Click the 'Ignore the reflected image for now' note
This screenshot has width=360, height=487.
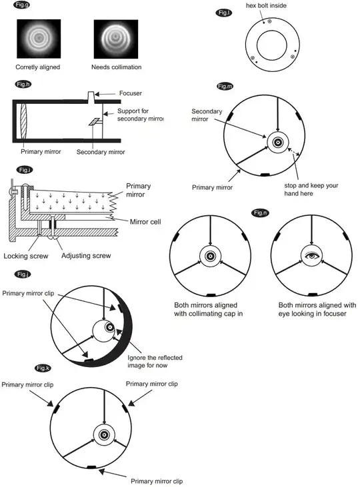tap(155, 362)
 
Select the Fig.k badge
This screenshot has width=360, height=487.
tap(43, 368)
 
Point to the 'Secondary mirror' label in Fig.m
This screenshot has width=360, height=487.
tap(206, 115)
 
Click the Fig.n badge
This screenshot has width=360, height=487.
tap(259, 212)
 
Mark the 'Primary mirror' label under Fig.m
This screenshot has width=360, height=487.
tap(212, 187)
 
